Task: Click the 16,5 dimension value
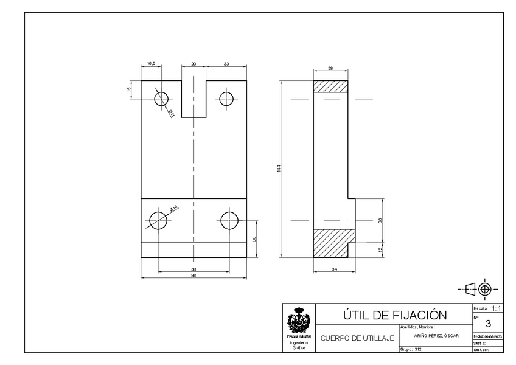pyautogui.click(x=151, y=63)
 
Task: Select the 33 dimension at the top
pyautogui.click(x=226, y=63)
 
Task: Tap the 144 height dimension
pyautogui.click(x=278, y=168)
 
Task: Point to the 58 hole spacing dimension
pyautogui.click(x=193, y=268)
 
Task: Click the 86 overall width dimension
pyautogui.click(x=193, y=276)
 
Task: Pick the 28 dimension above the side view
pyautogui.click(x=330, y=69)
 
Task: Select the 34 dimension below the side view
pyautogui.click(x=334, y=268)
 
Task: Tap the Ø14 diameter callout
pyautogui.click(x=173, y=209)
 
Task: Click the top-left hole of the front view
pyautogui.click(x=162, y=99)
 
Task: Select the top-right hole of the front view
pyautogui.click(x=228, y=99)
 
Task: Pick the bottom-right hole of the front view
pyautogui.click(x=229, y=220)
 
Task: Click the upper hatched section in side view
pyautogui.click(x=330, y=86)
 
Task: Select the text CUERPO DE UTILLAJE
pyautogui.click(x=357, y=338)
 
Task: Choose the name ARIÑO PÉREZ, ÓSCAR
pyautogui.click(x=436, y=336)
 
